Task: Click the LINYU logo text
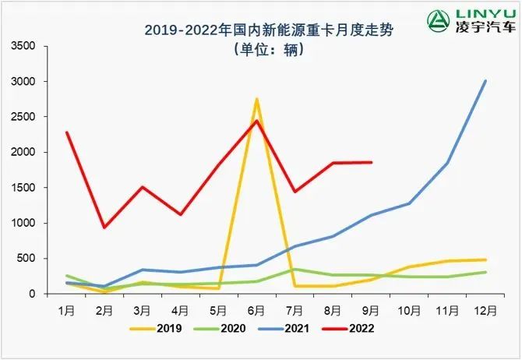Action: click(x=480, y=17)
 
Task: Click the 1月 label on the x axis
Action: click(x=68, y=309)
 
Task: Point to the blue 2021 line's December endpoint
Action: click(x=485, y=81)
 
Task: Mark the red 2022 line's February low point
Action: click(x=105, y=228)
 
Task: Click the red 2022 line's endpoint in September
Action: click(x=371, y=162)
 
